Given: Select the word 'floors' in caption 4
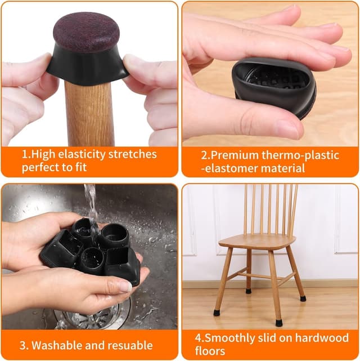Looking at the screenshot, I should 206,351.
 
